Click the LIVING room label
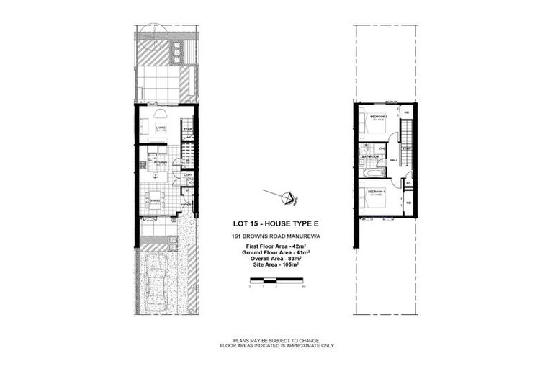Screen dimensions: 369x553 tap(160, 128)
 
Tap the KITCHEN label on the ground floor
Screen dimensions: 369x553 tap(159, 162)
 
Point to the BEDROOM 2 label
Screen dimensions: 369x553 tap(378, 116)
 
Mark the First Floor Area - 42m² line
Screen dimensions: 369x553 tap(271, 248)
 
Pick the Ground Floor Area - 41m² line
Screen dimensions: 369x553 tap(271, 254)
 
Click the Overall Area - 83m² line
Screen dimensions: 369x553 tap(271, 259)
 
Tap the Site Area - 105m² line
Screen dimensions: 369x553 tap(271, 265)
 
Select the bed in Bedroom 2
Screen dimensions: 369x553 tap(372, 124)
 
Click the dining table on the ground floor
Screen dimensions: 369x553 tap(154, 195)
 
